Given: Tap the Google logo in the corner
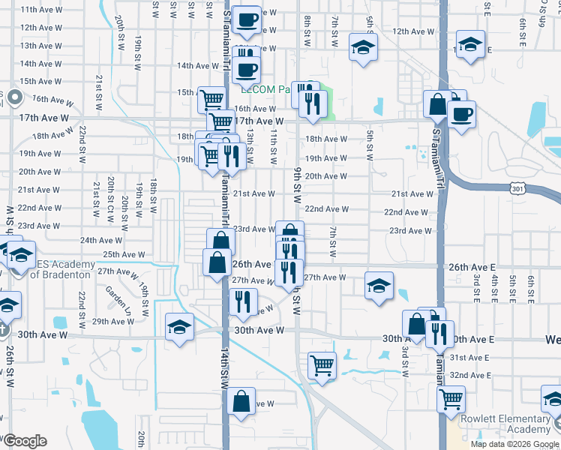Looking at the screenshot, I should pyautogui.click(x=25, y=441).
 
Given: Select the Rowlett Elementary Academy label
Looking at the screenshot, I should pyautogui.click(x=507, y=424).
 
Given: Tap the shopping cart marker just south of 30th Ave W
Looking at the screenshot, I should pyautogui.click(x=322, y=366).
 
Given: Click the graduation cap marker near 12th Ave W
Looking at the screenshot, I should pyautogui.click(x=363, y=48).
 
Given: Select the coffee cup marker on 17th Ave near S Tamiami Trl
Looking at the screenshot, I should pyautogui.click(x=460, y=114).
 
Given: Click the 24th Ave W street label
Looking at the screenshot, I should pyautogui.click(x=100, y=240).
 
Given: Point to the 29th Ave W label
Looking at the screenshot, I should pyautogui.click(x=113, y=321).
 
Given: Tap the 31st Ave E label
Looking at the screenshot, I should pyautogui.click(x=471, y=357).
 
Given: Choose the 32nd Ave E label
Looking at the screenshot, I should pyautogui.click(x=471, y=374).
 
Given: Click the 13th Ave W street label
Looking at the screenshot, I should pyautogui.click(x=40, y=46).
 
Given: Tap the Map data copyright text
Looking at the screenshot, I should pyautogui.click(x=514, y=444).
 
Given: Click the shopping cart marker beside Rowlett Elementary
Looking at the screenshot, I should pyautogui.click(x=451, y=398).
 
